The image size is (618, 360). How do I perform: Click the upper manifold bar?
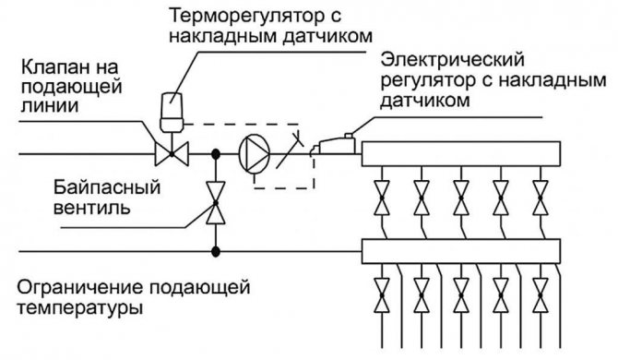(x=461, y=152)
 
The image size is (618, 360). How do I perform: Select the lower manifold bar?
(x=461, y=249)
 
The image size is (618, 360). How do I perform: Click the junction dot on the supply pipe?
(x=215, y=152)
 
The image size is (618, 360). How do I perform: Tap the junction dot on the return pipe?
(x=215, y=249)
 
